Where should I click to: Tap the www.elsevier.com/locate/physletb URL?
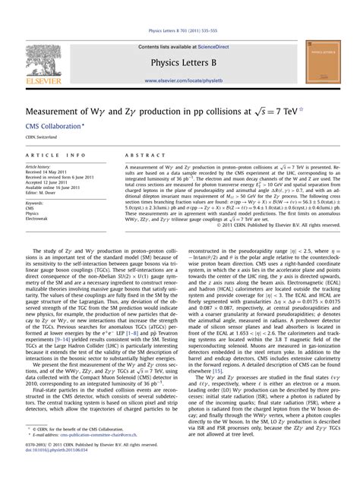[x=181, y=80]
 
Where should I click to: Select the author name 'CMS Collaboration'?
[x=55, y=127]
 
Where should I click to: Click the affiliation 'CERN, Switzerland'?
[x=42, y=138]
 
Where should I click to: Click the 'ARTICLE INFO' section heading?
[x=49, y=155]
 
